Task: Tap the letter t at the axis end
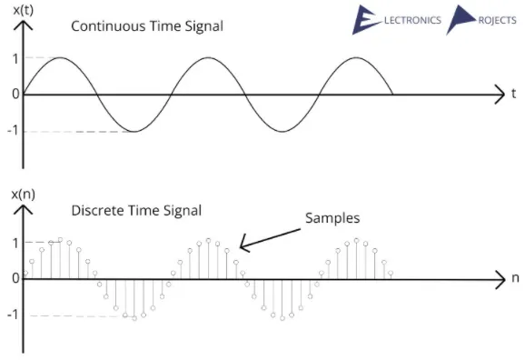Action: point(514,93)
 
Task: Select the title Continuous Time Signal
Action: point(147,25)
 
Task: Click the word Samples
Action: point(332,218)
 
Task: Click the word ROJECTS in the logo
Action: point(496,21)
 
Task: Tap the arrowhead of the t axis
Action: point(498,94)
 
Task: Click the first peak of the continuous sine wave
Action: point(60,58)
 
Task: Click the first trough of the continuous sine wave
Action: point(134,132)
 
